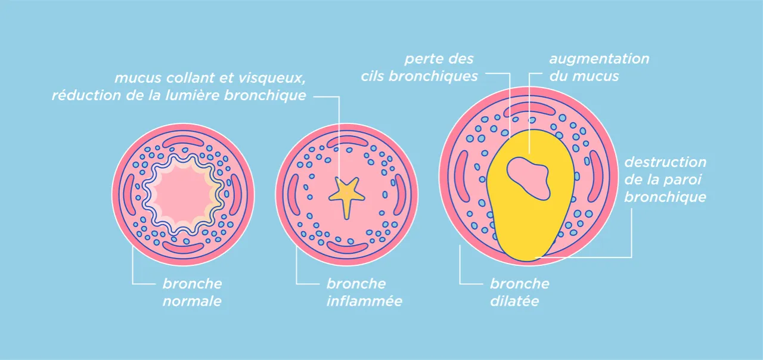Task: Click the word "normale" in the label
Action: point(191,301)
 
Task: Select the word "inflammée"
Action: point(364,301)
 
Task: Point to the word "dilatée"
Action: point(514,301)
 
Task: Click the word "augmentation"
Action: point(599,59)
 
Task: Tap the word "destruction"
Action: point(665,162)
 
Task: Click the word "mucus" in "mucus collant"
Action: point(136,78)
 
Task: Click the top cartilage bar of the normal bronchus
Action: point(183,141)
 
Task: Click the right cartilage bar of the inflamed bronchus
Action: point(399,194)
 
